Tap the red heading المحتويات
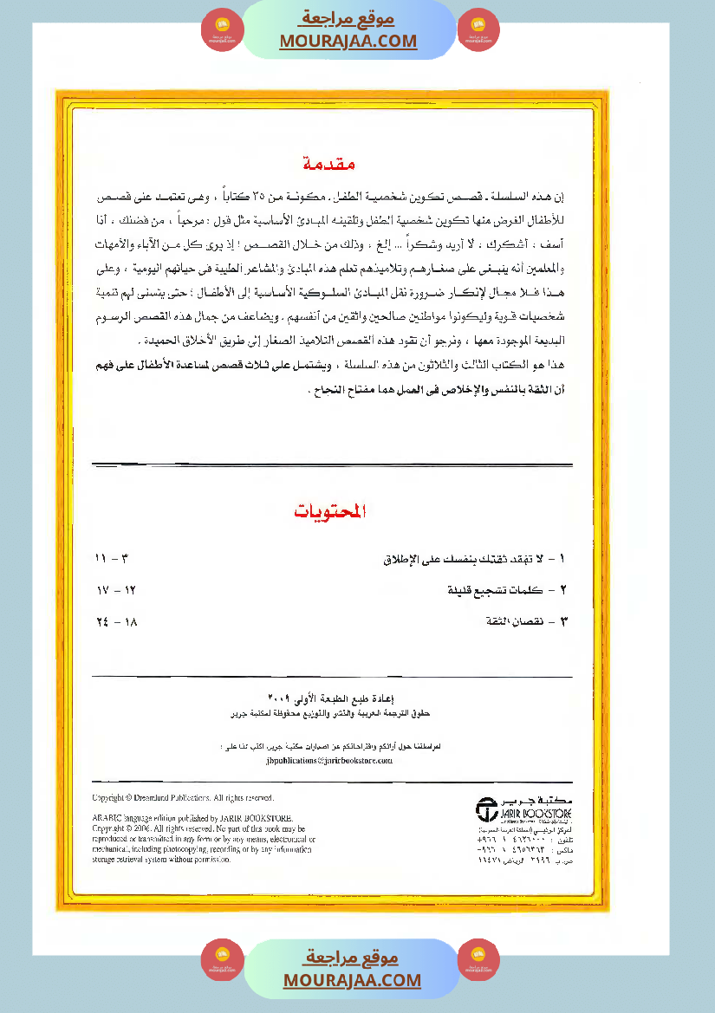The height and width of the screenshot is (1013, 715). [330, 512]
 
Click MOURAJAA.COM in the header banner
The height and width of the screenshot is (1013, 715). [348, 41]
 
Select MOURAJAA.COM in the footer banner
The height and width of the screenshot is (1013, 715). [352, 980]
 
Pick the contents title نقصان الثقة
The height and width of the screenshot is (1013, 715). [517, 621]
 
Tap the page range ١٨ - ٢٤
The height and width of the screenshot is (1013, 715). [117, 621]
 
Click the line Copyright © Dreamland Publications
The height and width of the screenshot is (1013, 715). [183, 797]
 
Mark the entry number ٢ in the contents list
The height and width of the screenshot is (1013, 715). [564, 591]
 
